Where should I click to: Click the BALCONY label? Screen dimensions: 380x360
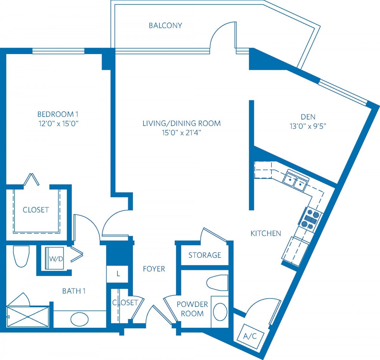pos(165,26)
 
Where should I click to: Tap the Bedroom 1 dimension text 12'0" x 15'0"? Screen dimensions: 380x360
pos(58,123)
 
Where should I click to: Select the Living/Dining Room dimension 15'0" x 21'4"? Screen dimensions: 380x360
pos(181,133)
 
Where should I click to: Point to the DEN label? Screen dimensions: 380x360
pos(308,117)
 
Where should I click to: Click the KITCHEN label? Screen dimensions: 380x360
pos(266,233)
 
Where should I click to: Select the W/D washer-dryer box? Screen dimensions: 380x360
pos(55,258)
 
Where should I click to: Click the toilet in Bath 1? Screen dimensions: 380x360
pos(21,257)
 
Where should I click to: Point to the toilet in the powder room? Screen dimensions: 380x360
pos(217,283)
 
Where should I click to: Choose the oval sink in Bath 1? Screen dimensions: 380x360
pos(79,319)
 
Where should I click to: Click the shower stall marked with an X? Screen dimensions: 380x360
pos(28,317)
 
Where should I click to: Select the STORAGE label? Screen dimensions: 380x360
pos(205,255)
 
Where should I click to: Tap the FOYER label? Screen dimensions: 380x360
pos(154,269)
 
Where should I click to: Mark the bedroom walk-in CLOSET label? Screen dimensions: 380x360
pos(36,210)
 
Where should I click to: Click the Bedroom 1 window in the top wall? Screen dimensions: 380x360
pos(58,51)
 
